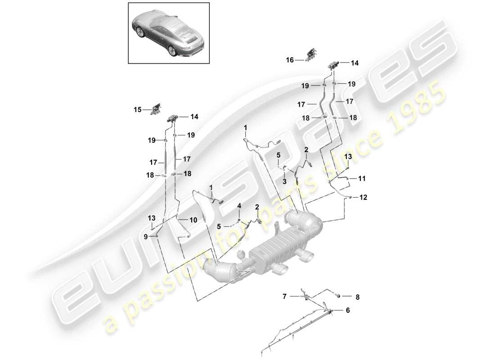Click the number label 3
pos(284,181)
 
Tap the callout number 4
pos(239,206)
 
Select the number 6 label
pos(347,310)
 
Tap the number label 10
pos(193,220)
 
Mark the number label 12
pos(364,197)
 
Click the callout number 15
pos(137,109)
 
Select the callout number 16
pos(290,60)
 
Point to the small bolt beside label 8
pos(337,295)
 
